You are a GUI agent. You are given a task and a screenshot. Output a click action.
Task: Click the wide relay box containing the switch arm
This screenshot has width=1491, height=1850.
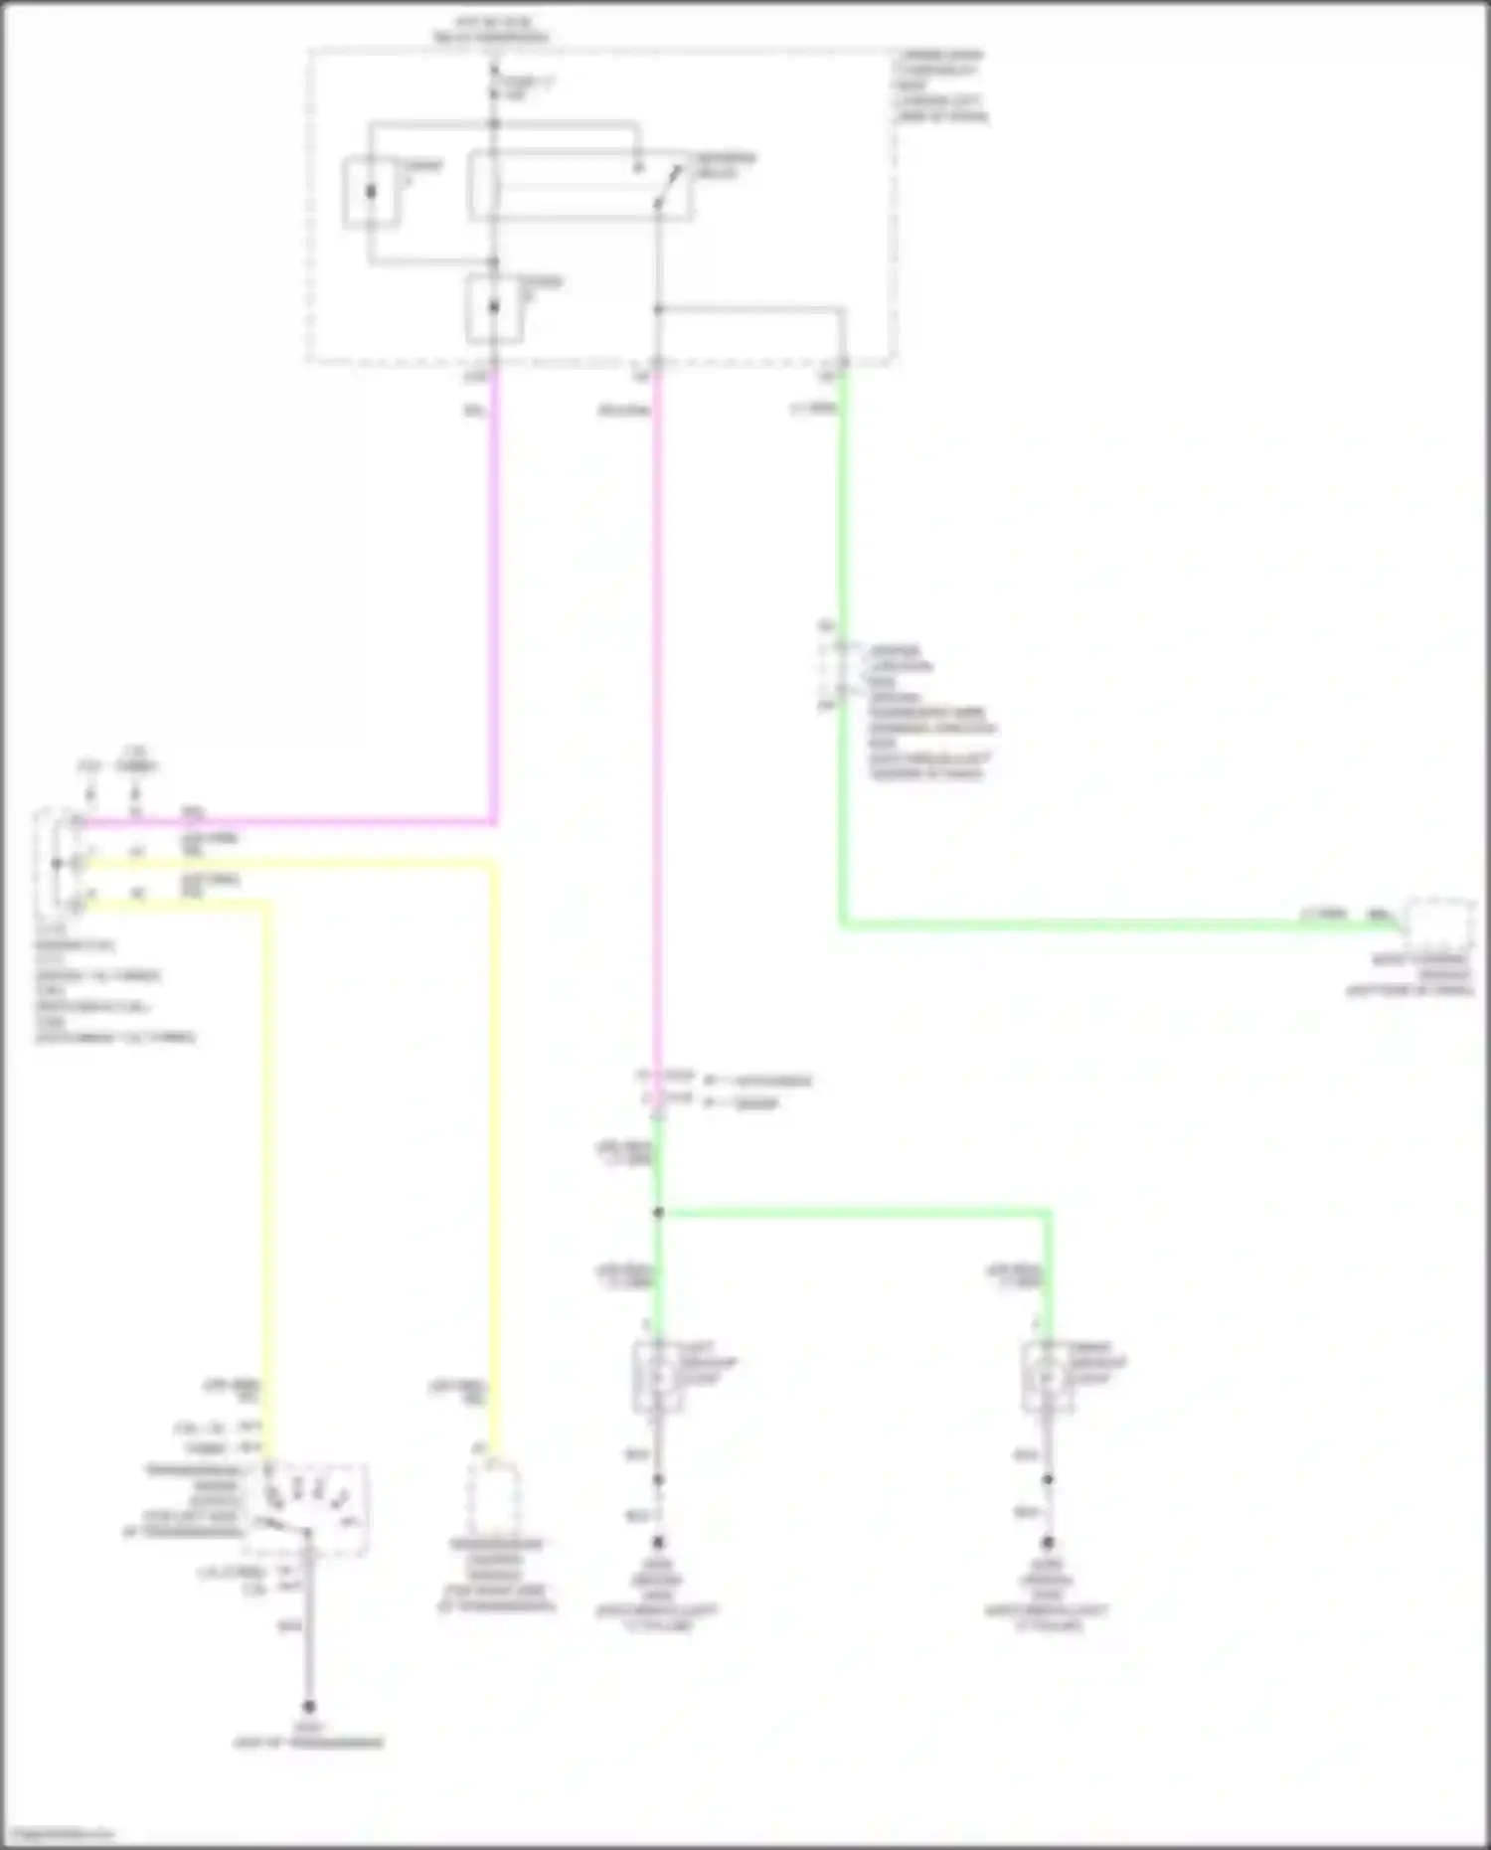click(x=580, y=185)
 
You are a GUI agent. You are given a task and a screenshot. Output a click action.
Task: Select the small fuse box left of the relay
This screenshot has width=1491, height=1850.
click(x=372, y=192)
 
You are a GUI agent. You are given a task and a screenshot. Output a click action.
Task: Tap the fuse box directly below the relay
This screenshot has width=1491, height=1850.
click(x=494, y=308)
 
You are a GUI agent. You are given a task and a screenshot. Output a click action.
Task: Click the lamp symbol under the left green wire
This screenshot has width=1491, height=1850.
click(x=657, y=1377)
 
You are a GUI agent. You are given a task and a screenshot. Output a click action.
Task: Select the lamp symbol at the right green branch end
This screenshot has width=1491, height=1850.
click(x=1047, y=1377)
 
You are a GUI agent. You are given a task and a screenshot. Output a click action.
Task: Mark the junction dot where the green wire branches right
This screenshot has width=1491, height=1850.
click(x=658, y=1213)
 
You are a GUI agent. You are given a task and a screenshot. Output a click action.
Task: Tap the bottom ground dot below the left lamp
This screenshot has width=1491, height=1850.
click(x=658, y=1544)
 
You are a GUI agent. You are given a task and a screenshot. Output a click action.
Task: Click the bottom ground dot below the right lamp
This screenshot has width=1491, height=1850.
click(x=1048, y=1544)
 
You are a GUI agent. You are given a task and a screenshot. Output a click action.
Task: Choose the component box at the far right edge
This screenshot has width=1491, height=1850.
click(x=1439, y=925)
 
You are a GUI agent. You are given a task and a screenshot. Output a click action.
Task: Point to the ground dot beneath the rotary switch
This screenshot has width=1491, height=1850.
click(x=309, y=1706)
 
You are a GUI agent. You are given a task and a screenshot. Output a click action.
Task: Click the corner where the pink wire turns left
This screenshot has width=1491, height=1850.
click(x=494, y=822)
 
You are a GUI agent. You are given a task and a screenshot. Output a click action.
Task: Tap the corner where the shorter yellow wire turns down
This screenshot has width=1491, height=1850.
click(x=266, y=905)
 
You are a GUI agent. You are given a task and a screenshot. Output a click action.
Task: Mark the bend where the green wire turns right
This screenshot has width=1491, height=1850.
click(x=843, y=925)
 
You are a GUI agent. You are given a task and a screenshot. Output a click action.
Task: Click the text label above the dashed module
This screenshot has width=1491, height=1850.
click(x=491, y=30)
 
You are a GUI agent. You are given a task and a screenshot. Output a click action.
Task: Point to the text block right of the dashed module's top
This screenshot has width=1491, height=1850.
click(x=940, y=85)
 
